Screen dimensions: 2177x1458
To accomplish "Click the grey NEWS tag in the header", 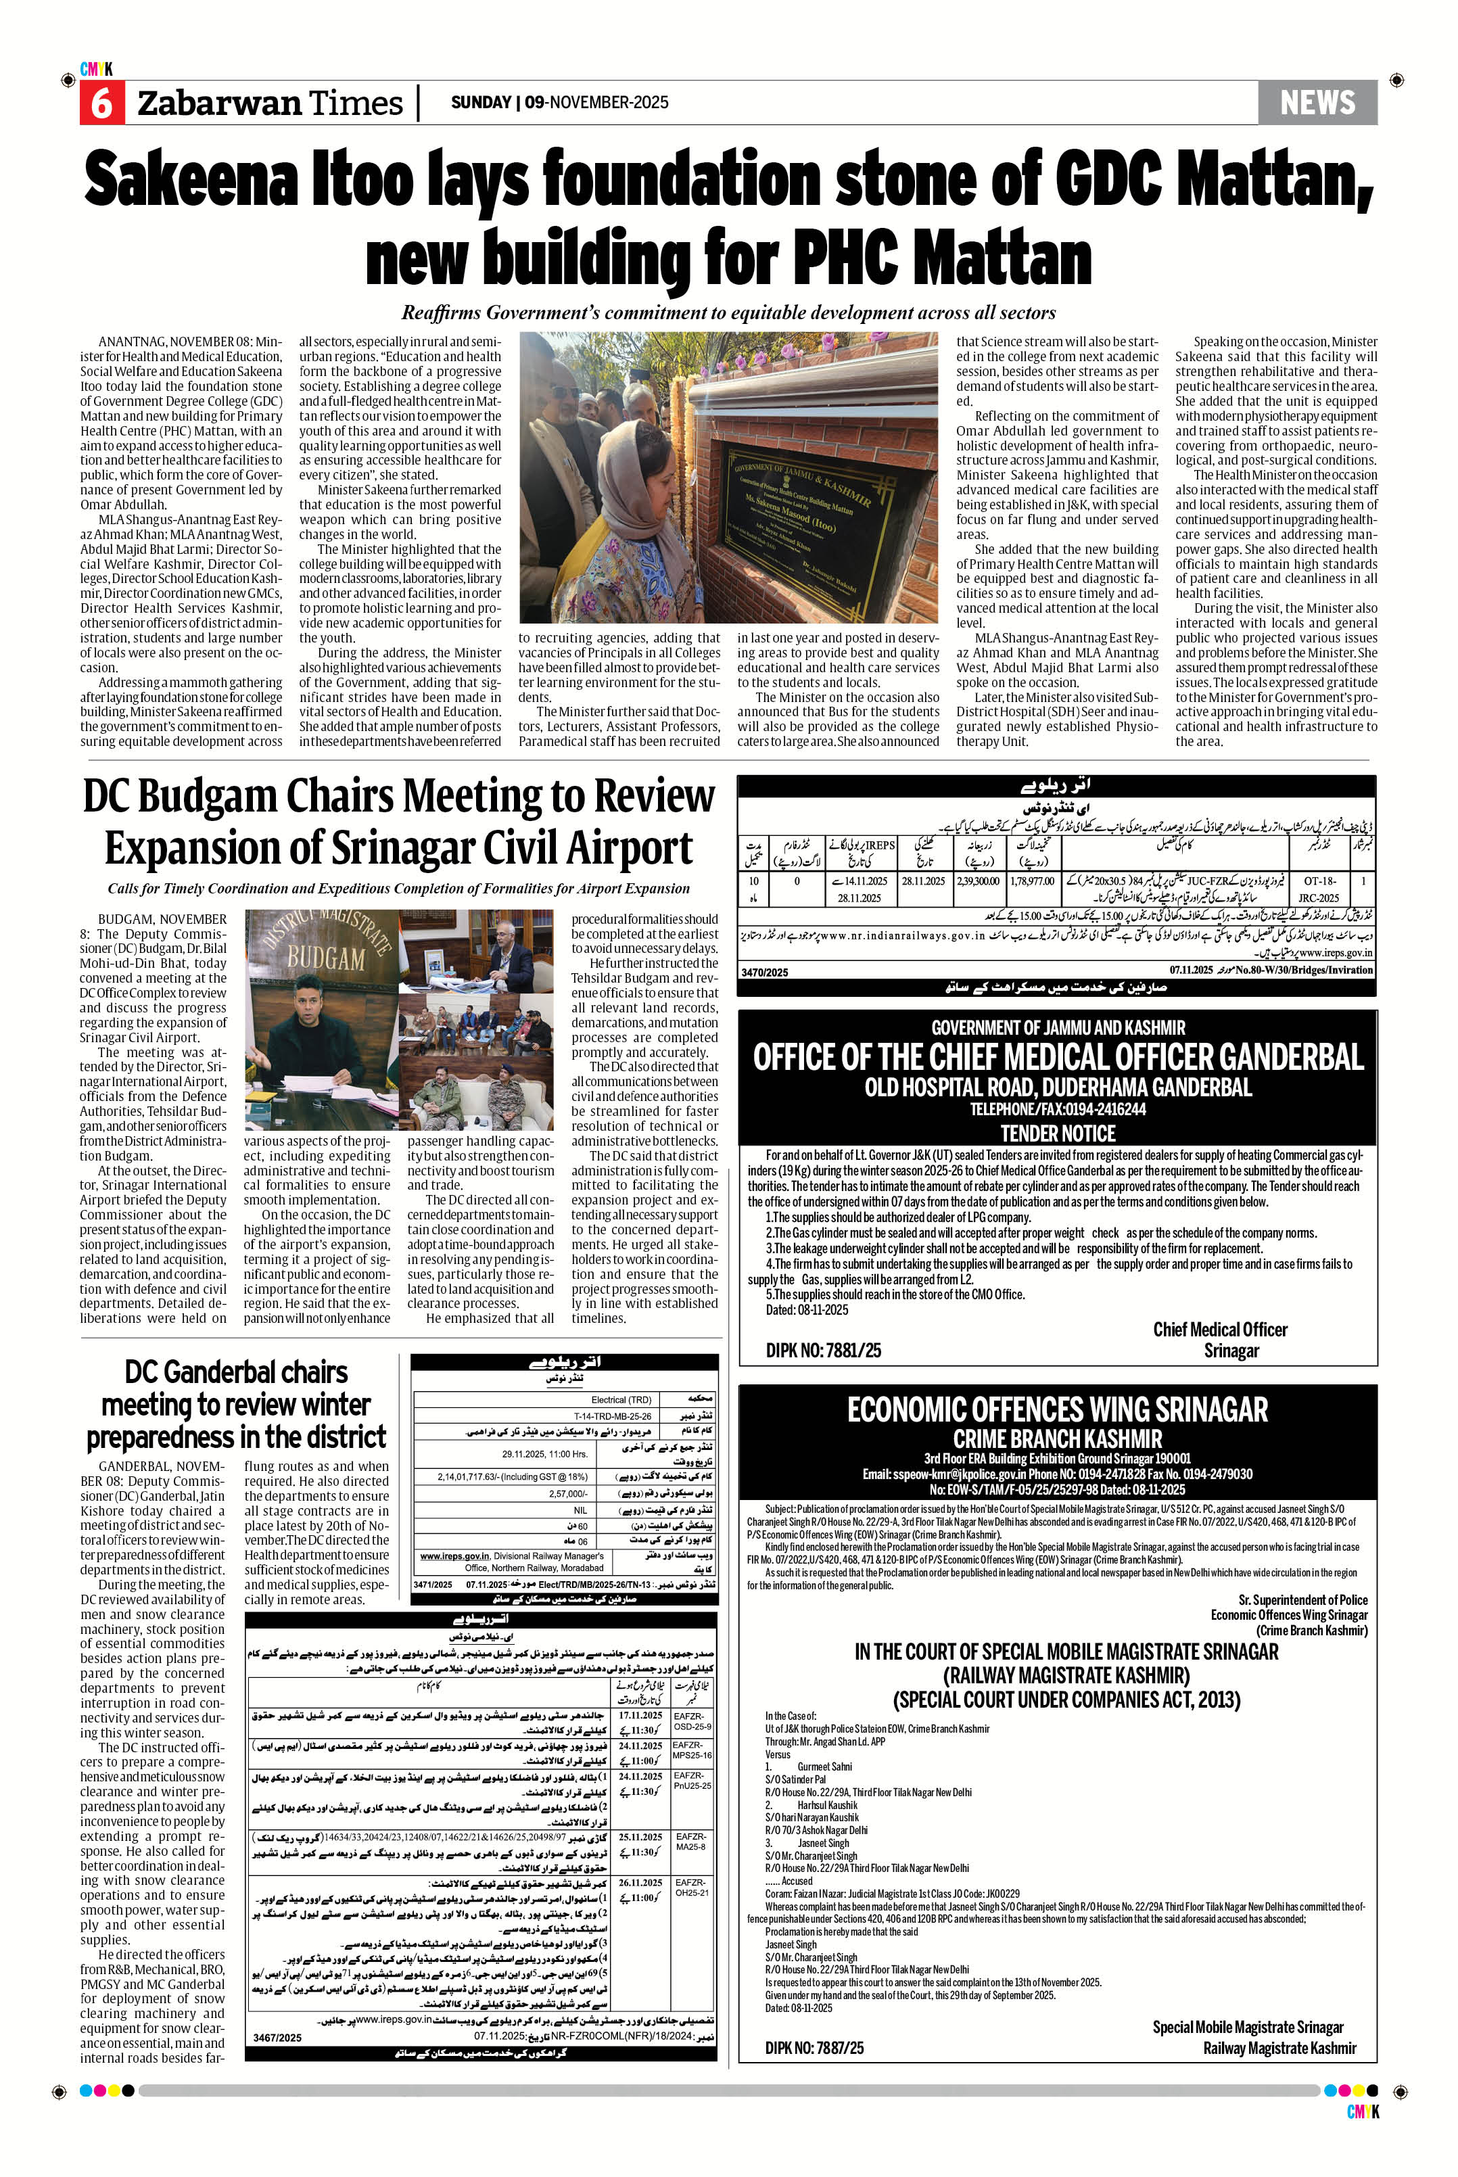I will point(1317,102).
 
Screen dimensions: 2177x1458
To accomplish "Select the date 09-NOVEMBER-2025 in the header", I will point(596,102).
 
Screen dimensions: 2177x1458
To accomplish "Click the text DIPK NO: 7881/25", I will point(823,1351).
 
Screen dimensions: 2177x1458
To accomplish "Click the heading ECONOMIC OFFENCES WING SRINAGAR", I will point(1057,1410).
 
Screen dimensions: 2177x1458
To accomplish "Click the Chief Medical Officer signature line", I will point(1220,1330).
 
